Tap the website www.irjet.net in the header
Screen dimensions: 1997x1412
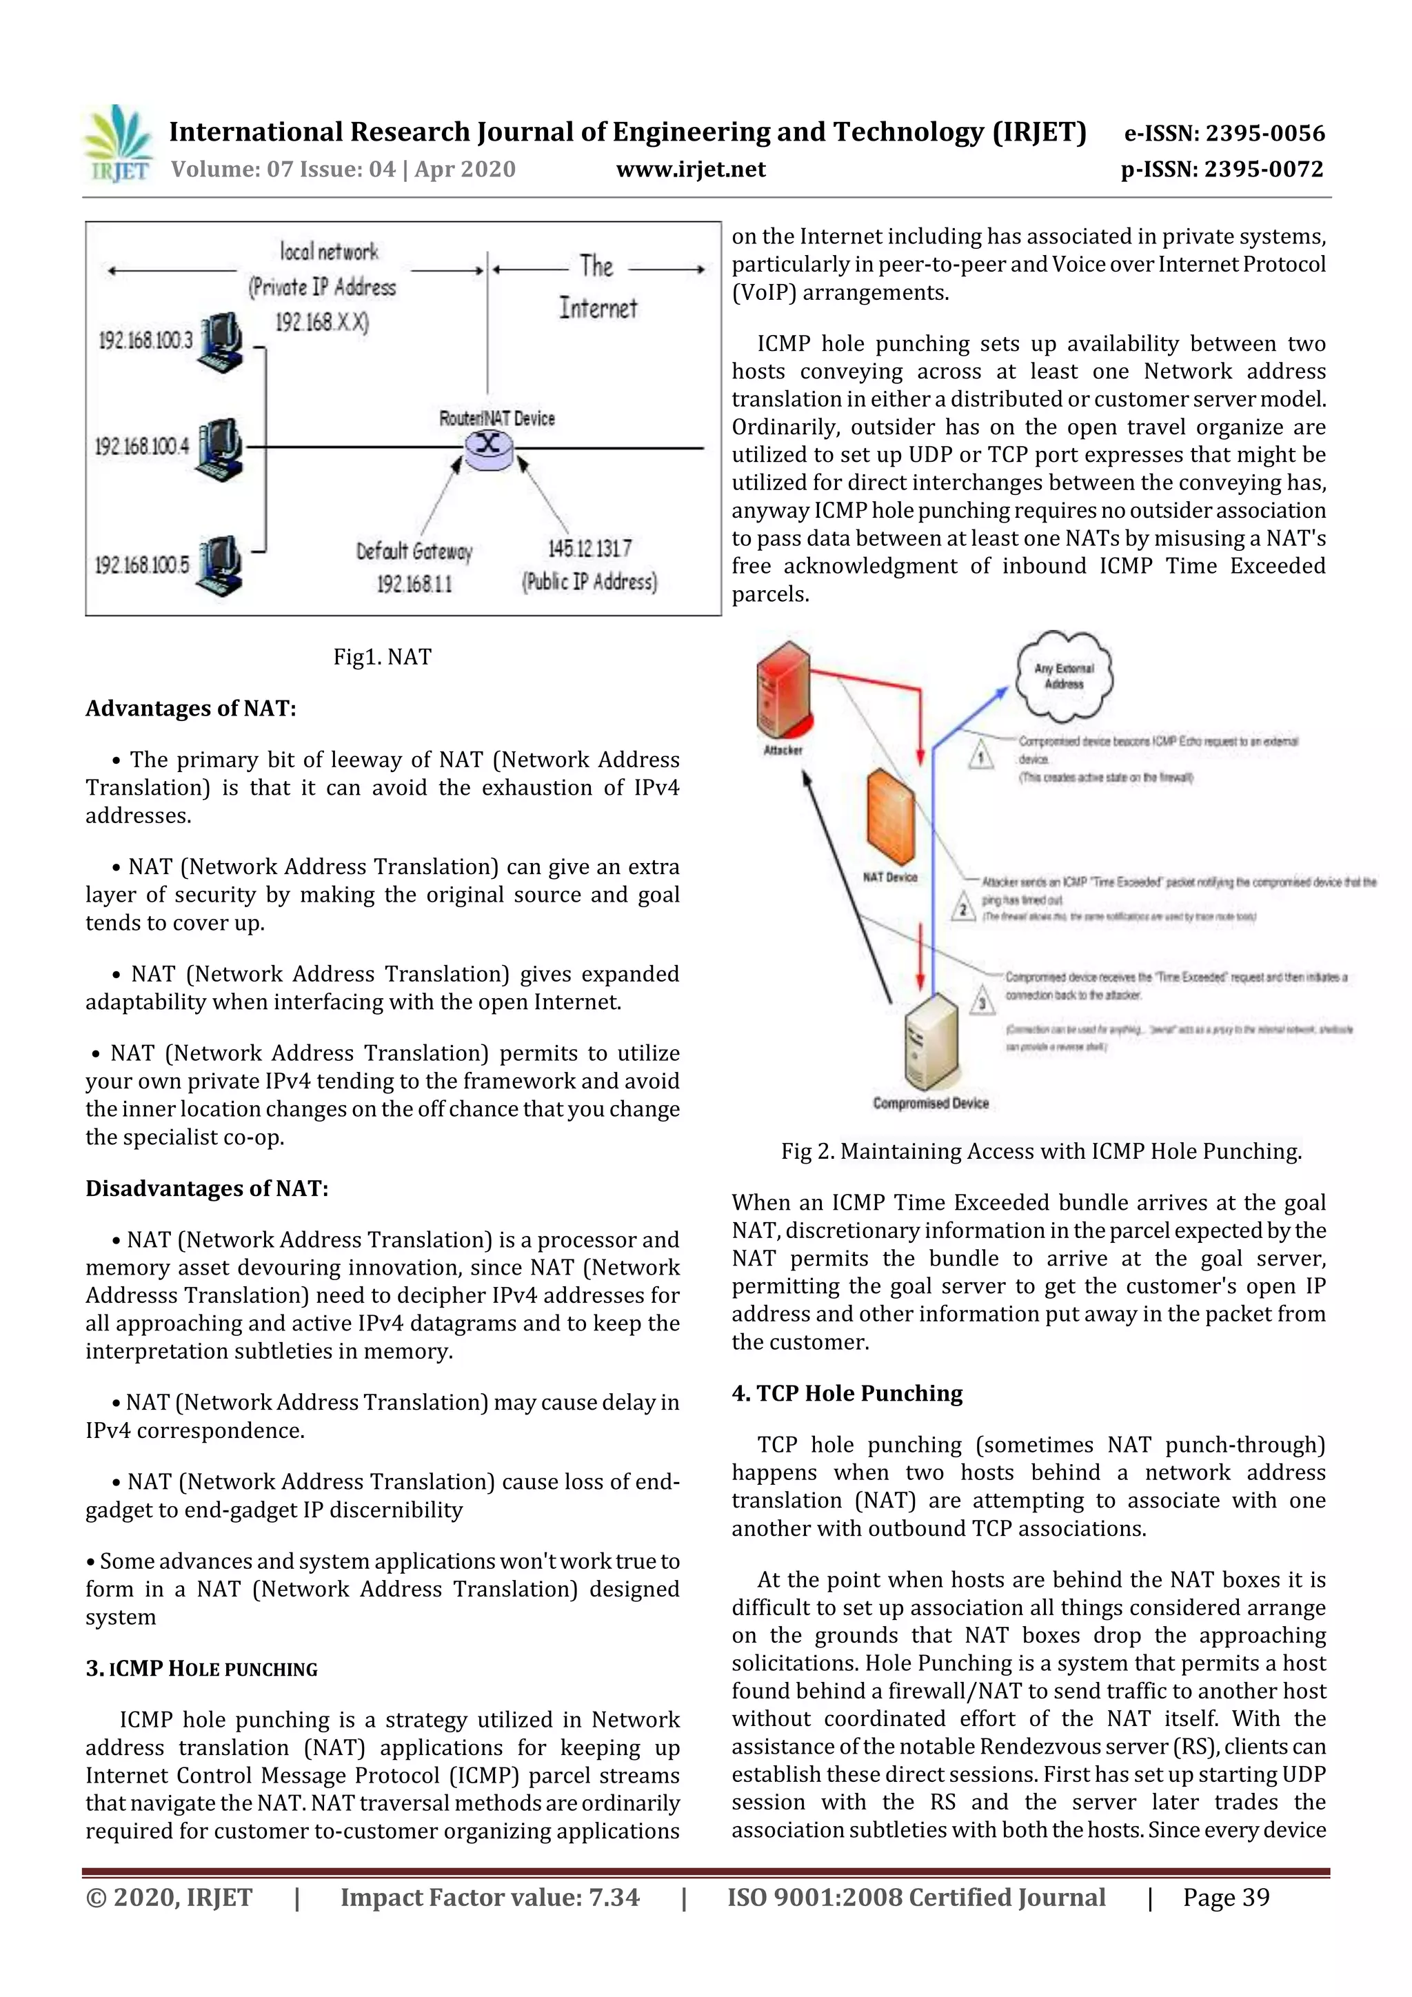point(691,169)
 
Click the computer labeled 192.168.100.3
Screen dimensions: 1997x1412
point(220,342)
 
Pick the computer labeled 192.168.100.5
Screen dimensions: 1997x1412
point(219,566)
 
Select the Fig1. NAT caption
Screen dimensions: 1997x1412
point(382,657)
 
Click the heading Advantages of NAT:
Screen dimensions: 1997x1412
point(190,708)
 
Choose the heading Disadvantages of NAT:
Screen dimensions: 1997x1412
point(207,1188)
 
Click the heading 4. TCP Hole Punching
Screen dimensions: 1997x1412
point(847,1392)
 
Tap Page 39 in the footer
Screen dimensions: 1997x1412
point(1225,1897)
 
